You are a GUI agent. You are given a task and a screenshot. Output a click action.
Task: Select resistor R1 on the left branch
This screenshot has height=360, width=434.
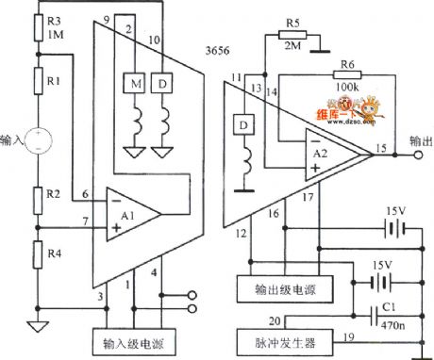click(38, 82)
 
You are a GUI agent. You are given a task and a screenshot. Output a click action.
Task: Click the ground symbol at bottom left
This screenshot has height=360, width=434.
click(38, 329)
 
